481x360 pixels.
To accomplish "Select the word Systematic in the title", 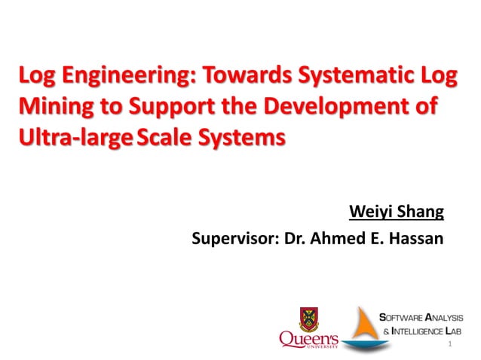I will click(354, 77).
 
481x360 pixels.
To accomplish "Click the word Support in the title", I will click(158, 108).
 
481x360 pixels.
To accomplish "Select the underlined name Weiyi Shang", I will click(397, 210).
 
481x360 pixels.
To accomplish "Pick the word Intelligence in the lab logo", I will click(422, 331).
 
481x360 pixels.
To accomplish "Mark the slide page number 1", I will click(449, 344).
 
